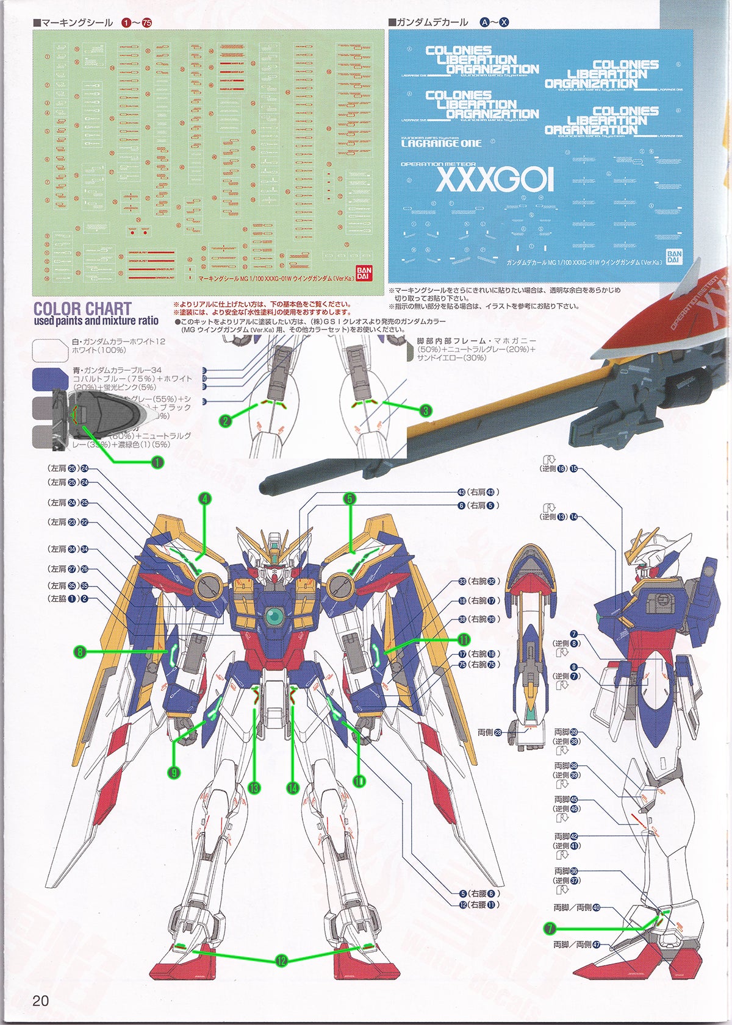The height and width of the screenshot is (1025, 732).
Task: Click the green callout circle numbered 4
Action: point(205,499)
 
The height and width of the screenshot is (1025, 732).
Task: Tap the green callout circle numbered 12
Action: point(281,961)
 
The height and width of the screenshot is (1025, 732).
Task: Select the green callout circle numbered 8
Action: point(79,652)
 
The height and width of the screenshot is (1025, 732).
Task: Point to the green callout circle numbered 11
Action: point(464,640)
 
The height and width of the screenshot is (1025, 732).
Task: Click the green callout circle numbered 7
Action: point(550,929)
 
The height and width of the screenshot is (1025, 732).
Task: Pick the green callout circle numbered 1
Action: point(157,462)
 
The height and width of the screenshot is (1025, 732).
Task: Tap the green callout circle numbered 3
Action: point(425,410)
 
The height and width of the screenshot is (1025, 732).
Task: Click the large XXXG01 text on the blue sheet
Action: point(495,180)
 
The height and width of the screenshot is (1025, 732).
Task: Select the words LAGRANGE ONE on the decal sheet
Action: point(441,143)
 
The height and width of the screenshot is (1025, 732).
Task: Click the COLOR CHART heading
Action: point(82,309)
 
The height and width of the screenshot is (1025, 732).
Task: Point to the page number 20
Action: point(40,1000)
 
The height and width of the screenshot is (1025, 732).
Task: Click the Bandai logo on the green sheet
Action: point(362,272)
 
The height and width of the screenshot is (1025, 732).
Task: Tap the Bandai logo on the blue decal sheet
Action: point(673,256)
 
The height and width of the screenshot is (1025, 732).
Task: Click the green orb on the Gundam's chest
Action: point(274,618)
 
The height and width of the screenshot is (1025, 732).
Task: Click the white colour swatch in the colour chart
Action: point(50,351)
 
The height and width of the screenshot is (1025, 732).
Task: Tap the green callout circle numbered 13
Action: point(254,788)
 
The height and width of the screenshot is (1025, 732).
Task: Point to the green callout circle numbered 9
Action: point(174,773)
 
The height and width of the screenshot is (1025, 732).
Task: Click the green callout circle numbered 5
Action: point(350,499)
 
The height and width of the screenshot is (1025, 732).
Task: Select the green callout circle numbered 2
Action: point(226,421)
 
